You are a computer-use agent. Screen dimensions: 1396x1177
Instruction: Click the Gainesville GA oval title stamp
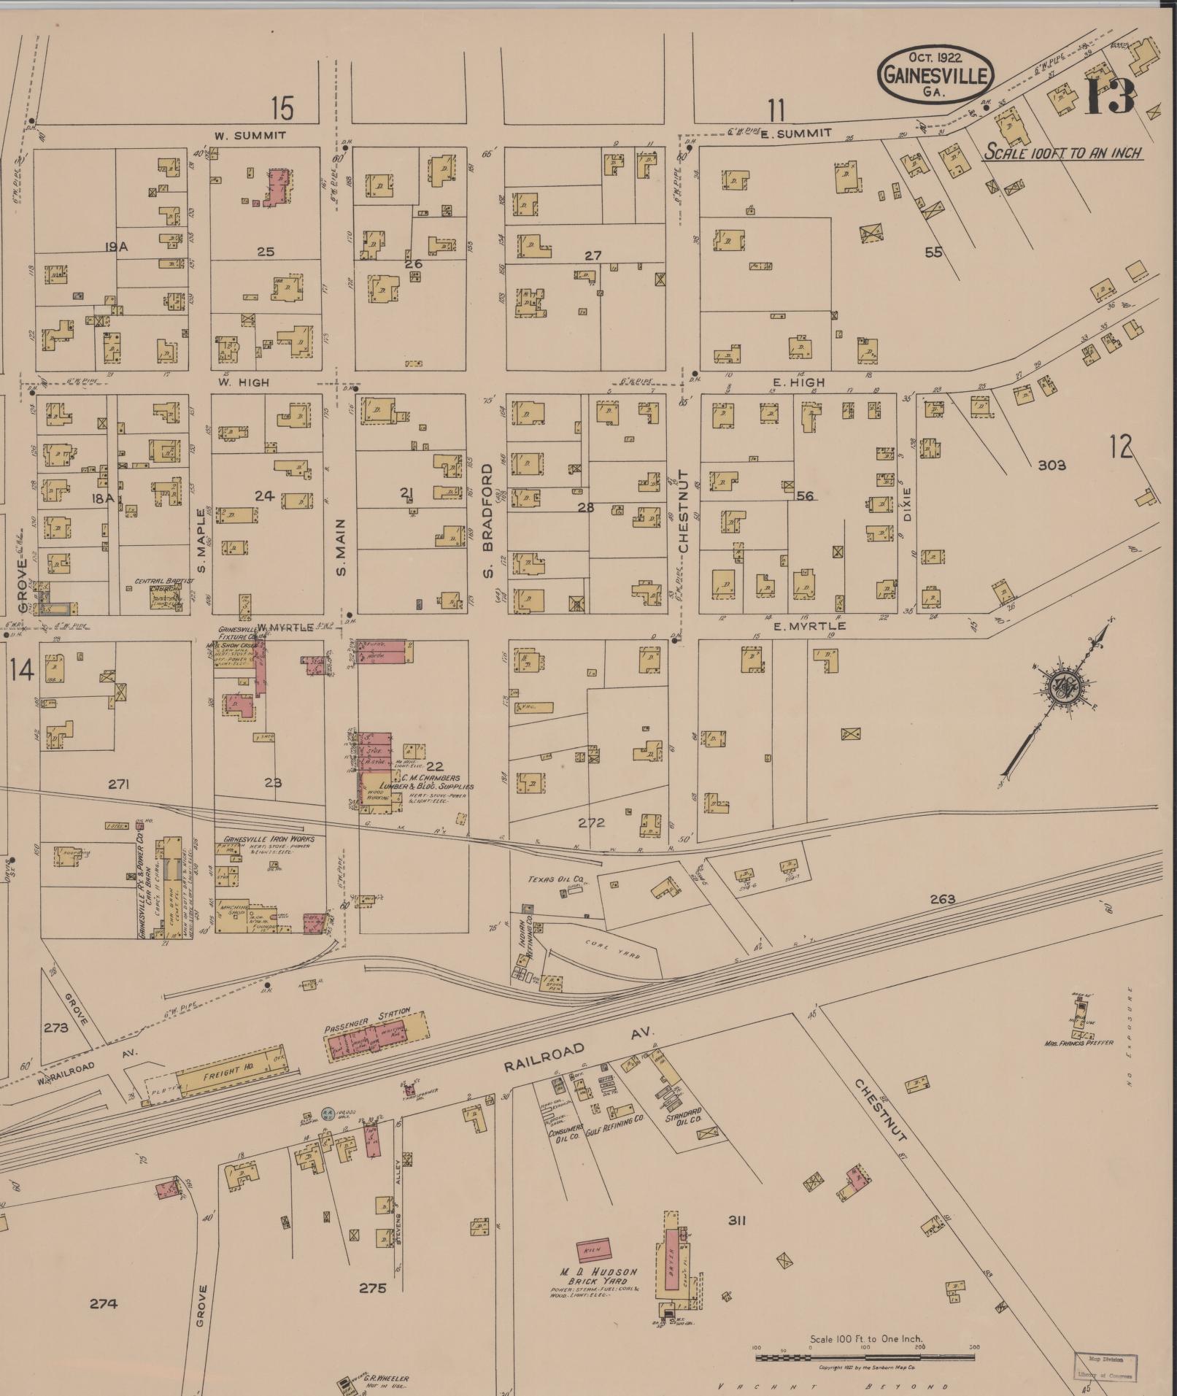[935, 75]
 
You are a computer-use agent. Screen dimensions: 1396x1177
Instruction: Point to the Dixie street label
[907, 504]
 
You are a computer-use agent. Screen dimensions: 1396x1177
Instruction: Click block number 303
[1052, 465]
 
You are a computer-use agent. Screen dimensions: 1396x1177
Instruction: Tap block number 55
[933, 252]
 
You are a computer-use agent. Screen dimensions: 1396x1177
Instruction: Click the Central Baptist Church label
[159, 582]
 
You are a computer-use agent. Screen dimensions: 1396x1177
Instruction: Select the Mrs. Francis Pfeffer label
[1078, 1043]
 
